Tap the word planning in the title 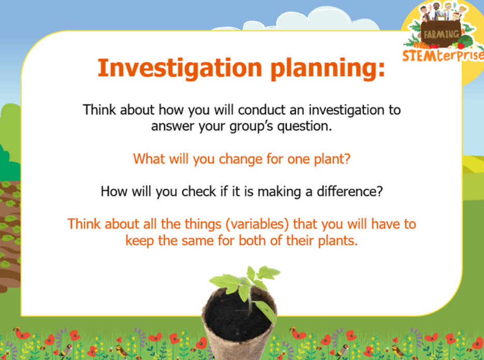(x=328, y=69)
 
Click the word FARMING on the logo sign (x=441, y=34)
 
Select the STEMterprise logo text (x=443, y=55)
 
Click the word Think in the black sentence (x=99, y=110)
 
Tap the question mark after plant (x=347, y=159)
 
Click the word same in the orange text (x=198, y=241)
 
